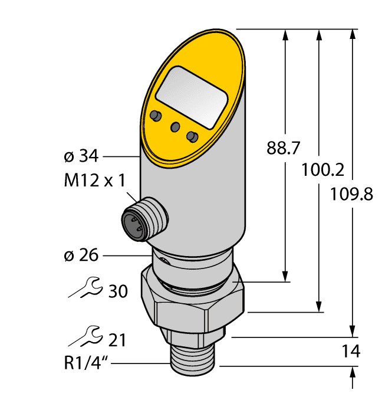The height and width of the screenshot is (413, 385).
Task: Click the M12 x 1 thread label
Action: pos(94,181)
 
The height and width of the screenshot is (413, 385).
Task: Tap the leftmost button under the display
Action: pos(156,114)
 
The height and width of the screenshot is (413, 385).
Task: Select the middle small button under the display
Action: pos(175,126)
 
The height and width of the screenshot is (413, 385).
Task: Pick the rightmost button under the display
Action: pos(192,136)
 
